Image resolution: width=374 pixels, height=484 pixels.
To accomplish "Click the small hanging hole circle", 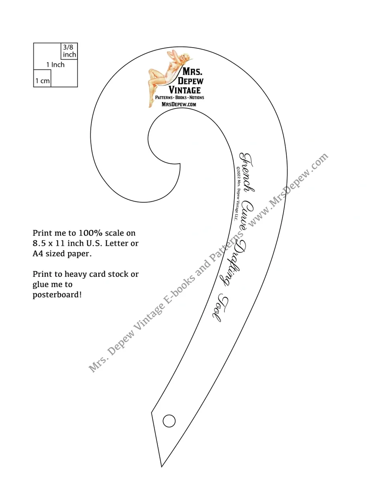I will [169, 421].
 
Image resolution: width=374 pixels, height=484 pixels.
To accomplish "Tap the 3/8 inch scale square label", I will [69, 51].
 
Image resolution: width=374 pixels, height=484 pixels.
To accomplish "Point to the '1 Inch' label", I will [55, 65].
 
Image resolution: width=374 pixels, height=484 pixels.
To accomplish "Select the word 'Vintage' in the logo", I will [184, 90].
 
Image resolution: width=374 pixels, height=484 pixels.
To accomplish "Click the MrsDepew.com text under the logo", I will [179, 104].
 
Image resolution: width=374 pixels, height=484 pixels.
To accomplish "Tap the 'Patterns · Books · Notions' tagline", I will [180, 98].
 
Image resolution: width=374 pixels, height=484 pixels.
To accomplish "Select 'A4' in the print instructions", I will [38, 254].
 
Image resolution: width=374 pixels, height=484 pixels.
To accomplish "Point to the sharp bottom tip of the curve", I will [161, 466].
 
